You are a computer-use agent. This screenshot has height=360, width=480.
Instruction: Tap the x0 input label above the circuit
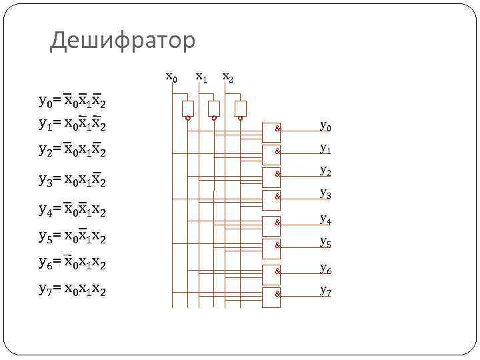[171, 77]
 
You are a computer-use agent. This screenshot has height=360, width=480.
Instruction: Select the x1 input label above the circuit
[201, 77]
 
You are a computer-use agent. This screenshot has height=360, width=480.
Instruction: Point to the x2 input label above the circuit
[227, 77]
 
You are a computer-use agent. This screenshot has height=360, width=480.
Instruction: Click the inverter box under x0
[188, 109]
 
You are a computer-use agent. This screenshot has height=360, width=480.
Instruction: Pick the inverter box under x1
[214, 109]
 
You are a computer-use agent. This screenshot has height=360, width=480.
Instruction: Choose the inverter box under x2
[241, 109]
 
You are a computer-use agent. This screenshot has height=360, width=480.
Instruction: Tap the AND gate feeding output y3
[273, 197]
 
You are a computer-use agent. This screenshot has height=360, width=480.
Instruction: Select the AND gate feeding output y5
[273, 245]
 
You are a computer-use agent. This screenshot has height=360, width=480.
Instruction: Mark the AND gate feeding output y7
[273, 293]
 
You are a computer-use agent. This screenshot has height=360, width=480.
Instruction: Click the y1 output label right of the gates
[325, 148]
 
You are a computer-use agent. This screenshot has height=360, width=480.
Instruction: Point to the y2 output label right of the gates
[325, 171]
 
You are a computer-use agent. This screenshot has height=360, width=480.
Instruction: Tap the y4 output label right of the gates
[325, 218]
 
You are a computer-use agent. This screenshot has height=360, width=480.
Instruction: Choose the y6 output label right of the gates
[325, 268]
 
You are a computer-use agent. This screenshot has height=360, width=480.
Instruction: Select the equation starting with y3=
[73, 181]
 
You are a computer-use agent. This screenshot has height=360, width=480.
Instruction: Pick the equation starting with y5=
[73, 237]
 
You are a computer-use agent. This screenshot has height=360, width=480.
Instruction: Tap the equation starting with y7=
[73, 290]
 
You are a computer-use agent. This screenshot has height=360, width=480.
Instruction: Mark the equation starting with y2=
[73, 151]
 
